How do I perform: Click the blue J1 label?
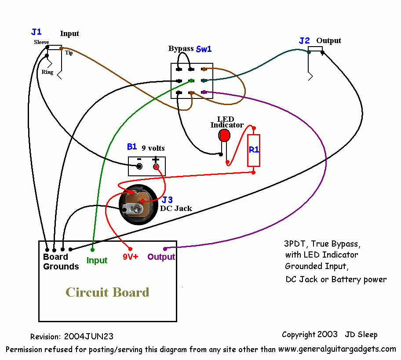click(36, 32)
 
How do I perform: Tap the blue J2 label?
click(304, 41)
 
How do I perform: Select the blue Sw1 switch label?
click(204, 49)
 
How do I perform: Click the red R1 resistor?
click(254, 150)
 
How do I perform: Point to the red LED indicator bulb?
click(224, 135)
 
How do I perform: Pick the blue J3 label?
click(168, 200)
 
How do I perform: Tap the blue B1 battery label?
click(132, 147)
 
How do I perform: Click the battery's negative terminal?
click(139, 167)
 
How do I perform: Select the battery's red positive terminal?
click(156, 167)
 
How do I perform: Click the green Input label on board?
click(97, 260)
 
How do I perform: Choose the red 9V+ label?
click(130, 257)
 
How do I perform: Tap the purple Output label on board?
click(161, 257)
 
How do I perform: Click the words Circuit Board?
click(107, 292)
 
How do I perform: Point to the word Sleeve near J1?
click(41, 42)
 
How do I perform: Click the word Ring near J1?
click(47, 72)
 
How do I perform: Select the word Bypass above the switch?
click(181, 48)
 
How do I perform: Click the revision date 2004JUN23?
click(89, 337)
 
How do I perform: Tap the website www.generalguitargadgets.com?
click(337, 349)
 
